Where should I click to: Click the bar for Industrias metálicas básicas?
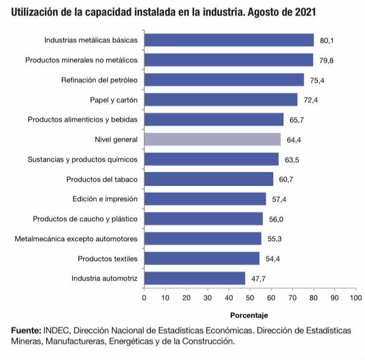(x=229, y=40)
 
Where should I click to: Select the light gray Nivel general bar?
(x=212, y=139)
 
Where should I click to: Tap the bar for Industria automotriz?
(x=195, y=278)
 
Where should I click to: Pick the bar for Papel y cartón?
(x=221, y=100)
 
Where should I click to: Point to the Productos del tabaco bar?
(x=208, y=179)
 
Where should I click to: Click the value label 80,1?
(x=327, y=40)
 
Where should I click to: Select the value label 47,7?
(x=258, y=279)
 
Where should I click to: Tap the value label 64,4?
(x=293, y=140)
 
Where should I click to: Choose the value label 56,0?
(x=276, y=219)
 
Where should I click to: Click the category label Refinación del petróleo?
(x=99, y=80)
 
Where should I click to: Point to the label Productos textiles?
(x=108, y=258)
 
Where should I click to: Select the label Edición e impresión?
(x=105, y=199)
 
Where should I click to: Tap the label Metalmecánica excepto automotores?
(x=76, y=239)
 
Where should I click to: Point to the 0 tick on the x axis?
(x=144, y=297)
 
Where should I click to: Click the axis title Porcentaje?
(x=249, y=315)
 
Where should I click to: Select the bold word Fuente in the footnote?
(x=25, y=330)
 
